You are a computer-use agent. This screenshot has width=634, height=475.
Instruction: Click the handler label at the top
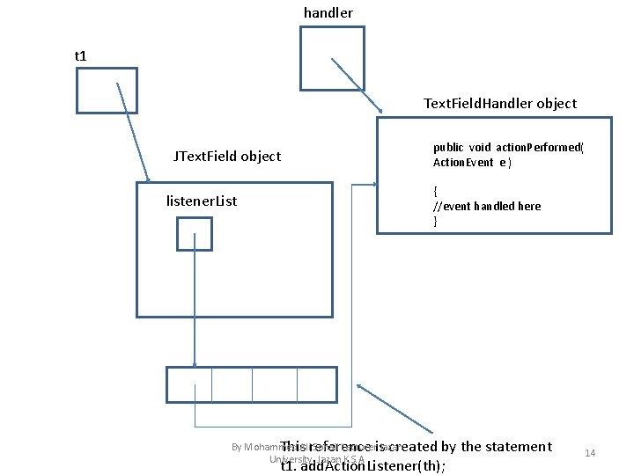(x=328, y=13)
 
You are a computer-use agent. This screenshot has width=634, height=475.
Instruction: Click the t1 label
(x=81, y=56)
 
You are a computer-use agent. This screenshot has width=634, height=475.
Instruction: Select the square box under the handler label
(x=332, y=58)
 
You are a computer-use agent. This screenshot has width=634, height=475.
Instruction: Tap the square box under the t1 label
(x=107, y=91)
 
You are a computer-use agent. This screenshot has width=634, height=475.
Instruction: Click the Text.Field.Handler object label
(x=500, y=104)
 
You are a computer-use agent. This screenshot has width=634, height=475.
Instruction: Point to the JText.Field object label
(x=227, y=157)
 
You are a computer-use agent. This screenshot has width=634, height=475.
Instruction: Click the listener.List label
(x=202, y=201)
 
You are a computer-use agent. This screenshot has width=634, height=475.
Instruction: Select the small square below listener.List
(x=195, y=234)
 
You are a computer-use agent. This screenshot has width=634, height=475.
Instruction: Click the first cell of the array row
(x=189, y=384)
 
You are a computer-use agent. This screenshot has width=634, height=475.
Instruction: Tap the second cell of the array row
(x=232, y=384)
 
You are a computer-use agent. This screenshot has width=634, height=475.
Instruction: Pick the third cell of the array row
(x=274, y=384)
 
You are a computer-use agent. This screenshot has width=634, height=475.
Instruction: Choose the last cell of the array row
(x=316, y=384)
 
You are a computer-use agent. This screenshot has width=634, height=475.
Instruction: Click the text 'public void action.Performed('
(x=508, y=148)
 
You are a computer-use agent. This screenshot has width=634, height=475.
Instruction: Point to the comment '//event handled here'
(x=487, y=206)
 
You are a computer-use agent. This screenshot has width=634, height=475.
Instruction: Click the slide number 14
(x=590, y=453)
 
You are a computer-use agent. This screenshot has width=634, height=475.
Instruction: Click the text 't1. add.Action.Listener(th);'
(x=363, y=465)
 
